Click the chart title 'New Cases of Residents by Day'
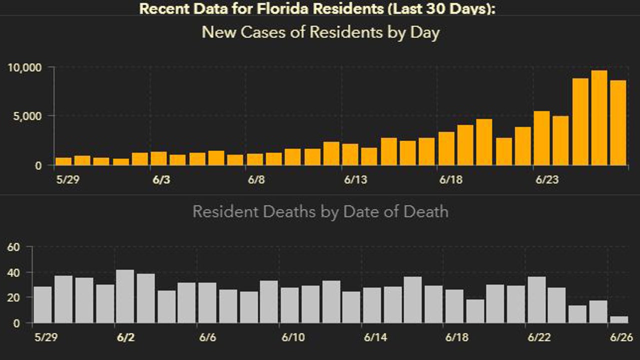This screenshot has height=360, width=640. tap(320, 33)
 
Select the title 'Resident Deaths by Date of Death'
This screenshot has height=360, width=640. tap(320, 211)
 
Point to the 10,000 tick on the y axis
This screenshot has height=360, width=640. tap(24, 67)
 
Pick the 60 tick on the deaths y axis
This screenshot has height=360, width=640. tap(13, 247)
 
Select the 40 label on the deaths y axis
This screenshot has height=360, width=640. tap(13, 272)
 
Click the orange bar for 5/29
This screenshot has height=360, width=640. tap(63, 161)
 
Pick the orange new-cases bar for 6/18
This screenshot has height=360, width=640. tap(446, 148)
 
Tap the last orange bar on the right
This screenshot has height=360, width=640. tap(618, 122)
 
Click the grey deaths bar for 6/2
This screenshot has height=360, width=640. tap(125, 296)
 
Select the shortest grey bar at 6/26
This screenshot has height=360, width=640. tap(618, 319)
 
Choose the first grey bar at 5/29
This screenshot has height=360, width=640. tap(42, 305)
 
